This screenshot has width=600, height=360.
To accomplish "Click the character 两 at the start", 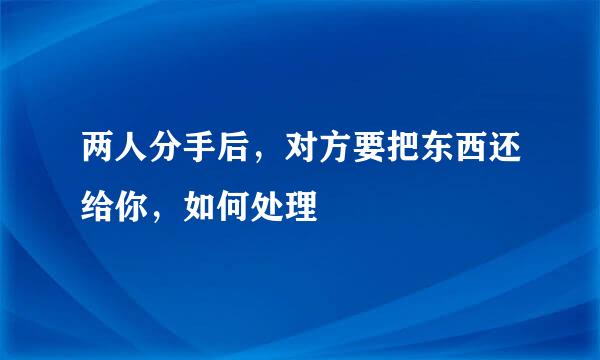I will pos(98,157).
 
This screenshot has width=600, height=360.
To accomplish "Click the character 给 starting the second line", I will pos(98,208).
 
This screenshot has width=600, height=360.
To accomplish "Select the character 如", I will pos(199,208).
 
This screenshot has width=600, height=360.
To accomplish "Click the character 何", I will pos(234,208).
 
